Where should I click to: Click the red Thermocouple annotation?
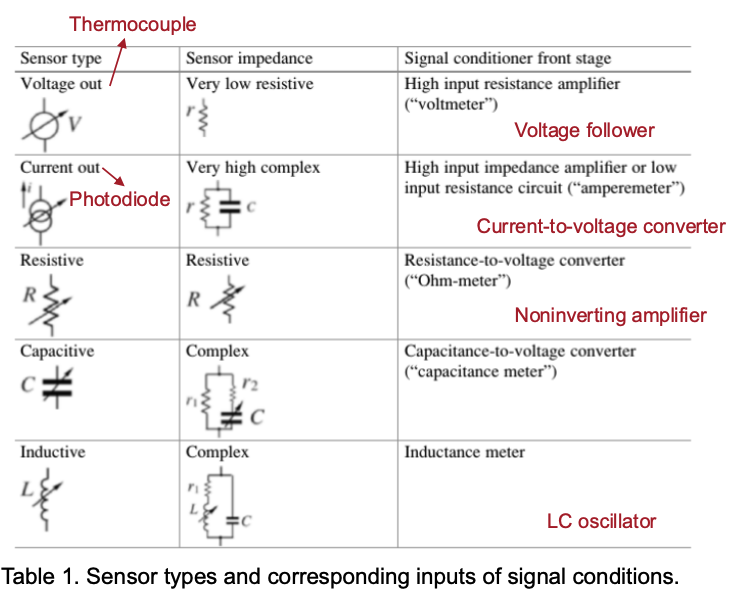pyautogui.click(x=132, y=23)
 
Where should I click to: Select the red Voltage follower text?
pyautogui.click(x=584, y=130)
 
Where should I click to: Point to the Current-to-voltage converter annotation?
pyautogui.click(x=600, y=226)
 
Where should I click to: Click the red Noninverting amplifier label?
pyautogui.click(x=610, y=316)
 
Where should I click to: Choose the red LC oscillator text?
pyautogui.click(x=601, y=521)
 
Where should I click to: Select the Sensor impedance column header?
pyautogui.click(x=249, y=58)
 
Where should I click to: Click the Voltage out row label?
pyautogui.click(x=61, y=84)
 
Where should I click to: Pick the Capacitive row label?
pyautogui.click(x=56, y=352)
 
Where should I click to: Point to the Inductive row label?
pyautogui.click(x=53, y=452)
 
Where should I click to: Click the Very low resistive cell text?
pyautogui.click(x=249, y=84)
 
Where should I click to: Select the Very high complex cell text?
pyautogui.click(x=253, y=168)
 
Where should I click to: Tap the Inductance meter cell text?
pyautogui.click(x=464, y=452)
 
